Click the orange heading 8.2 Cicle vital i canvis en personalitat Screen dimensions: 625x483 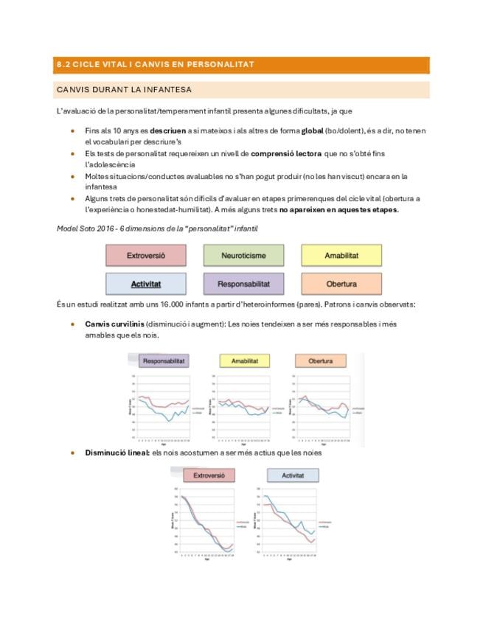click(156, 64)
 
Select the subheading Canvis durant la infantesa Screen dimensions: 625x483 click(124, 90)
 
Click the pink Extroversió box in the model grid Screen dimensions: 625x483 click(145, 256)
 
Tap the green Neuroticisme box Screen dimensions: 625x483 click(243, 256)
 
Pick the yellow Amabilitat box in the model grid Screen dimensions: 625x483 click(341, 256)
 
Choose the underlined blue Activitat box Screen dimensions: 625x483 click(145, 284)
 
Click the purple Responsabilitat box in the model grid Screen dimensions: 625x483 click(243, 284)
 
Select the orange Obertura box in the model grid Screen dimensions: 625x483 click(341, 284)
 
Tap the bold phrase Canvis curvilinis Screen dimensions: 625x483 click(114, 324)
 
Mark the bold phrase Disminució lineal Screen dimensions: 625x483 click(117, 453)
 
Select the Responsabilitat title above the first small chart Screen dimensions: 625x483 click(164, 361)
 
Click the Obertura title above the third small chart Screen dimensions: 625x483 click(321, 361)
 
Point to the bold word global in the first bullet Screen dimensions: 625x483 click(313, 130)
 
